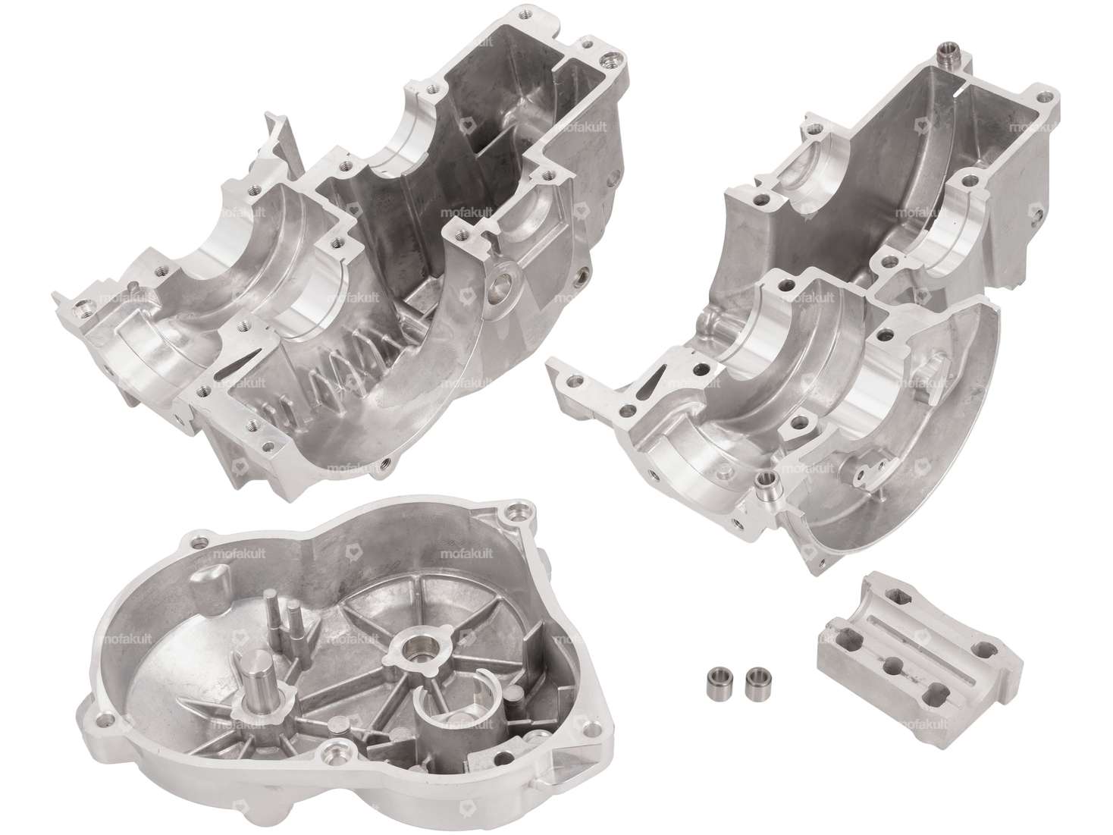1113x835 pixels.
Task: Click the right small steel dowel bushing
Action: click(x=754, y=678)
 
